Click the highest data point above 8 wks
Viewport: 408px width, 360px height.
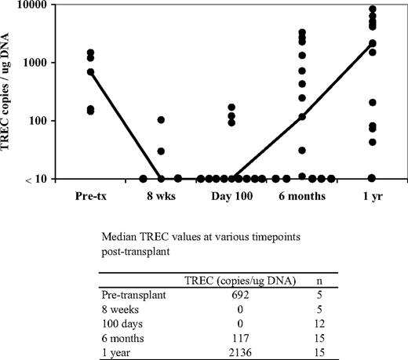[x=160, y=120]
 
